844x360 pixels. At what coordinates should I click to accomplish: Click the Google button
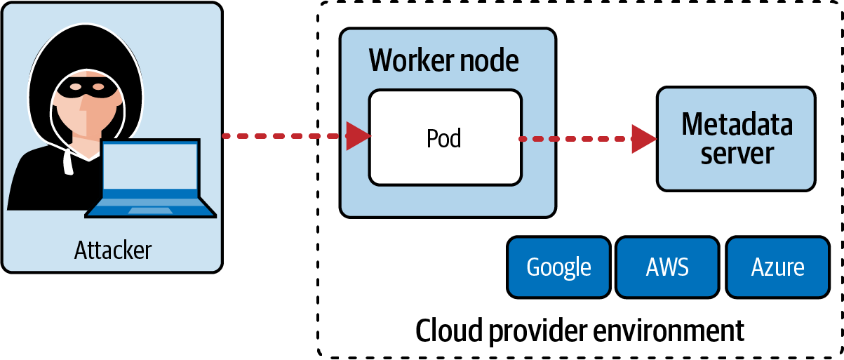(x=558, y=267)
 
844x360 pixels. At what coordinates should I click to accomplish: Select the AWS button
(x=667, y=267)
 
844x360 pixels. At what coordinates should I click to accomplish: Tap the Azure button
(x=777, y=267)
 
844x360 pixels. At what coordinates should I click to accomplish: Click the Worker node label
(x=444, y=61)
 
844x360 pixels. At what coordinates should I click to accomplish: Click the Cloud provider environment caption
(x=580, y=329)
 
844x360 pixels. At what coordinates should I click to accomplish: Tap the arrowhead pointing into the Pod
(x=359, y=136)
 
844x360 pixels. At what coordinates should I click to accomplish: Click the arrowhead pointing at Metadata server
(x=643, y=139)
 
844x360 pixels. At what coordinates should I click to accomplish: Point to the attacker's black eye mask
(x=83, y=88)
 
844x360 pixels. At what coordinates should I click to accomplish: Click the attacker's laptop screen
(x=150, y=168)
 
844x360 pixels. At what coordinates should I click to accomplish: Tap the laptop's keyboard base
(x=150, y=208)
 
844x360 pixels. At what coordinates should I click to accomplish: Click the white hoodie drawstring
(x=69, y=162)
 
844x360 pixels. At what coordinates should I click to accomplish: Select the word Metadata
(x=737, y=125)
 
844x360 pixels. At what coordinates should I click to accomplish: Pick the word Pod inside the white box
(x=444, y=138)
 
